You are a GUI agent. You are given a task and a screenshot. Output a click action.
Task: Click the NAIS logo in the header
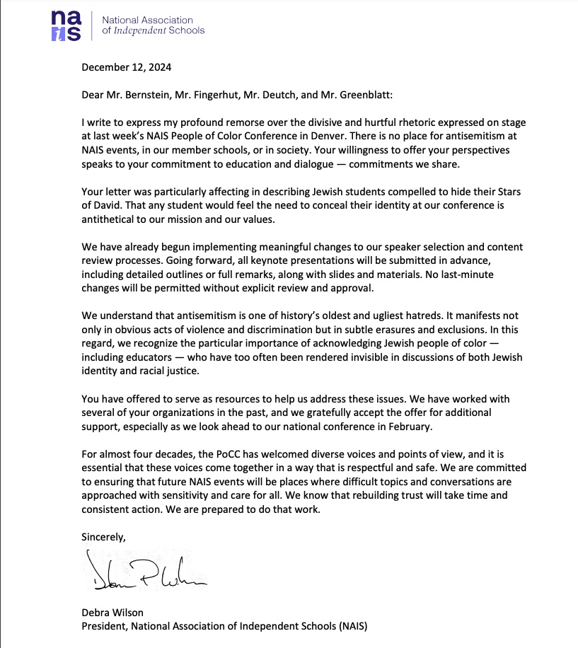point(69,25)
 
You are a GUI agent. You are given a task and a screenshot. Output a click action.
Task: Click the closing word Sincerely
point(104,536)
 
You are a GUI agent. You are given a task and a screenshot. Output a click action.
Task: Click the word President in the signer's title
point(103,626)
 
